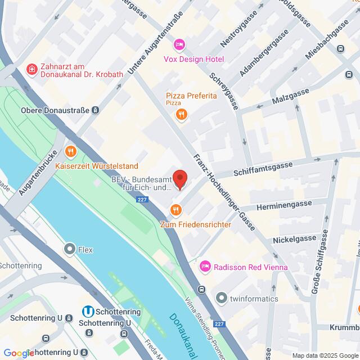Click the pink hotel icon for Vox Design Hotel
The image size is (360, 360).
click(x=179, y=44)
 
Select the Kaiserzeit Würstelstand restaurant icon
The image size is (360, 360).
click(x=70, y=151)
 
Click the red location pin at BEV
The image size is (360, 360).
click(x=180, y=179)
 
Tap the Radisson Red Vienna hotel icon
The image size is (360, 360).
click(x=206, y=265)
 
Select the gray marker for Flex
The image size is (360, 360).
click(x=70, y=247)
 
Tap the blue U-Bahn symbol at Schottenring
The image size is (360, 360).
click(x=88, y=311)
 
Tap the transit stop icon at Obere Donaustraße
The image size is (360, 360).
click(x=96, y=110)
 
